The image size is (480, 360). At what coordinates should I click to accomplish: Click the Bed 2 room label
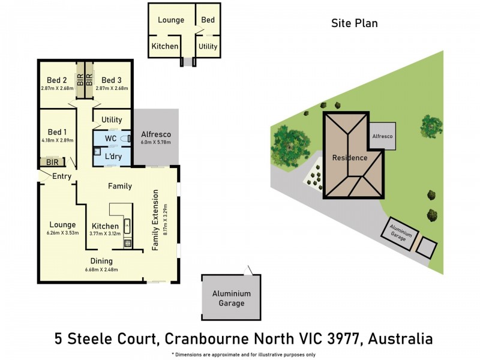tap(57, 80)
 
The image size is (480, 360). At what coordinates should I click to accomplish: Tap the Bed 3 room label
tap(112, 80)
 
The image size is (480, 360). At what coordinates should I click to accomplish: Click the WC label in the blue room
tap(110, 139)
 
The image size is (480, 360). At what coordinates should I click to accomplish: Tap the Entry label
tap(62, 176)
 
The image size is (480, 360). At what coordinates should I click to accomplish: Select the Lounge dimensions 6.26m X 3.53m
tap(62, 233)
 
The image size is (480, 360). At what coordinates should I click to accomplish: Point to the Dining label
tap(101, 261)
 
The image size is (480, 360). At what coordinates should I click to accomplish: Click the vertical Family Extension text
tap(155, 220)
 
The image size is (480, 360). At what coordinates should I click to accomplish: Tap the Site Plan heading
tap(354, 23)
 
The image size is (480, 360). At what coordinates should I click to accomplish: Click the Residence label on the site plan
tap(350, 158)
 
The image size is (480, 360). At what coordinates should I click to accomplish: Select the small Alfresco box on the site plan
tap(382, 137)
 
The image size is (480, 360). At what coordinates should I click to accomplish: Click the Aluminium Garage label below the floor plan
tap(231, 298)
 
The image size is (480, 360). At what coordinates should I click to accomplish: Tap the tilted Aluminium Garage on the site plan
tap(400, 234)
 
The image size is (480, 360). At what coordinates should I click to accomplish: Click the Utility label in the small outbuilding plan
tap(208, 46)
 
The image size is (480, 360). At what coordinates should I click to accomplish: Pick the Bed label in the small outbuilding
tap(208, 20)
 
